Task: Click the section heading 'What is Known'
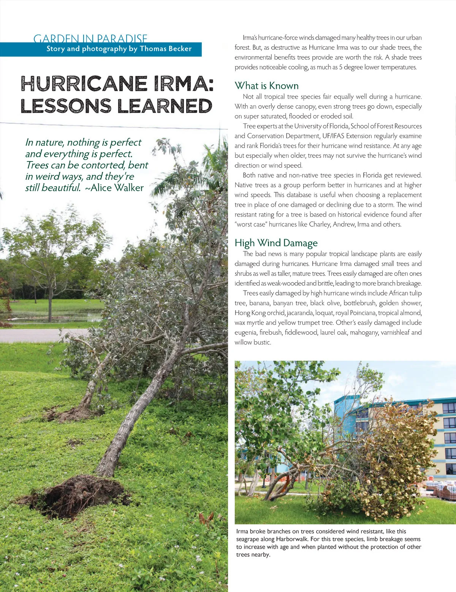click(x=266, y=85)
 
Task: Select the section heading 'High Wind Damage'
click(x=276, y=243)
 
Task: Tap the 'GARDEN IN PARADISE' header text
click(x=90, y=38)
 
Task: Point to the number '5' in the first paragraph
click(x=341, y=67)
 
